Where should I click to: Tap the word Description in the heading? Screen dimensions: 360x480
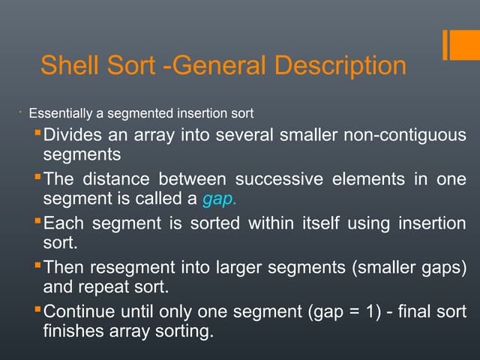click(341, 65)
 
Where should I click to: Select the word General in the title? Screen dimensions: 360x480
click(219, 65)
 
